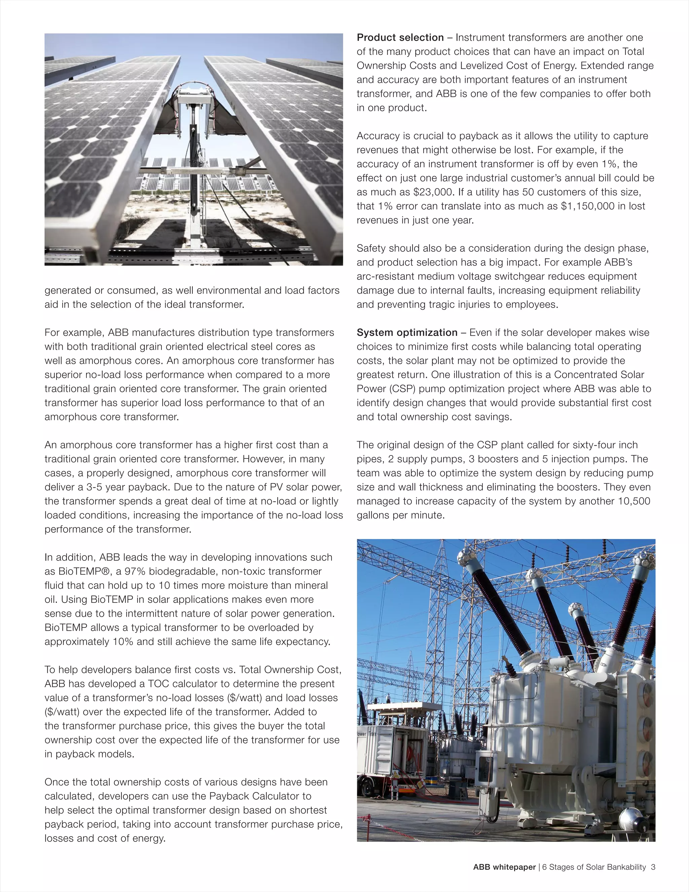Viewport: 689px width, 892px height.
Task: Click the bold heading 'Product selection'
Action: coord(400,38)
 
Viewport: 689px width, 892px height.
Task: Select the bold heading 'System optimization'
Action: coord(407,333)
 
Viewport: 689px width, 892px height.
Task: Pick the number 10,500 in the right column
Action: coord(633,501)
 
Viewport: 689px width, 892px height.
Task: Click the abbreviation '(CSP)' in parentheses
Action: coord(398,389)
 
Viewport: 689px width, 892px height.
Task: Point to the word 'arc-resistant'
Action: coord(385,276)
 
